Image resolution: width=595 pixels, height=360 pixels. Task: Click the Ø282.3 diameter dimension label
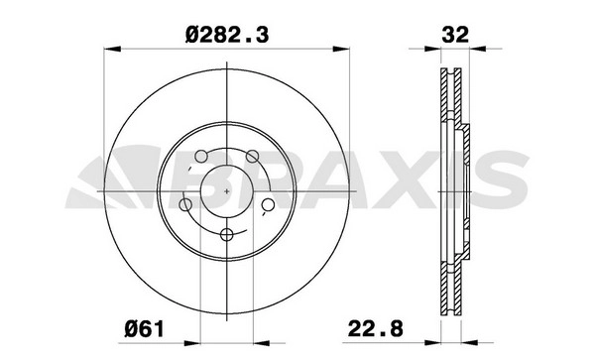coord(227,35)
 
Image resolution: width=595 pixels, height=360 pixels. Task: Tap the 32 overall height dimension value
coord(455,35)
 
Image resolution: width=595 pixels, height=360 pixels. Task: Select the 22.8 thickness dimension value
coord(375,328)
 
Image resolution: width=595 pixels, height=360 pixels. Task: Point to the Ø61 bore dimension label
coord(145,328)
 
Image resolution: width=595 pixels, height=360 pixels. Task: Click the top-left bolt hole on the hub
coord(201,156)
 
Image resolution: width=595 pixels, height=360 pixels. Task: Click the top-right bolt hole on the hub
coord(252,156)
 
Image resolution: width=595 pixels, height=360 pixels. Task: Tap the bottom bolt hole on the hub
coord(226,235)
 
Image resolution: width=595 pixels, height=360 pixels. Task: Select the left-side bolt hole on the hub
coord(185,205)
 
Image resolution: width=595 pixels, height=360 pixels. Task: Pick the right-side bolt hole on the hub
coord(269,205)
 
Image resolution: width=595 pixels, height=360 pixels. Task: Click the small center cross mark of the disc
coord(227,191)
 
